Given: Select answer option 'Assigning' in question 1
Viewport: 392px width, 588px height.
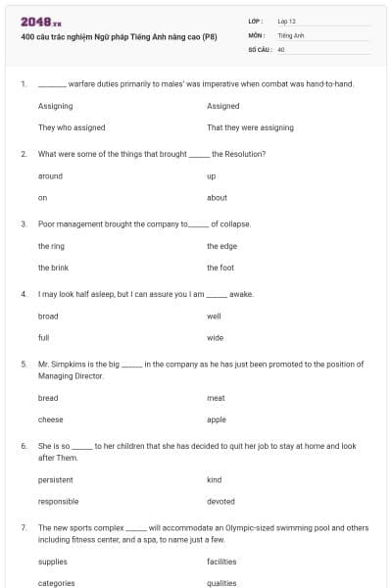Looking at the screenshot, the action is click(55, 106).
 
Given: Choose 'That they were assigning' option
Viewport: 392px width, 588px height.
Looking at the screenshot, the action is click(250, 127).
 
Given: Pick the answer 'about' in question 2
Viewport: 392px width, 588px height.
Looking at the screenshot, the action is click(217, 197).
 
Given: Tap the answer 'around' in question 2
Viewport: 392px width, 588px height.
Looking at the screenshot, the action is click(50, 176).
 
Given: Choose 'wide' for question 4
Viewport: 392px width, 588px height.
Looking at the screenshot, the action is click(216, 337).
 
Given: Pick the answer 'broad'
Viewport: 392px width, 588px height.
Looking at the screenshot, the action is click(48, 317).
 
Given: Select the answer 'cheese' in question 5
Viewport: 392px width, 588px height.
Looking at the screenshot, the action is click(50, 418).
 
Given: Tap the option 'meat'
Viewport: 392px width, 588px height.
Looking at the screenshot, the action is click(216, 398).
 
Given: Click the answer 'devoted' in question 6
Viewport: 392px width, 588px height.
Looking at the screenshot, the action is click(220, 501).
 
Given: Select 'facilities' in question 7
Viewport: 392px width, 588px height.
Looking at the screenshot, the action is click(221, 562).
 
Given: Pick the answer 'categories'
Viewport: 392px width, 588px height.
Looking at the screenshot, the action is click(56, 582).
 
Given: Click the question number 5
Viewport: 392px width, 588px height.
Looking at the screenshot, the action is click(23, 364).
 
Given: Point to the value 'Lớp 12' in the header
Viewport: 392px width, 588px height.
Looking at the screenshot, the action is click(287, 21).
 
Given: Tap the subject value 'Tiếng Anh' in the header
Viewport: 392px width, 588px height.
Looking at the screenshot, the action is click(292, 34).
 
